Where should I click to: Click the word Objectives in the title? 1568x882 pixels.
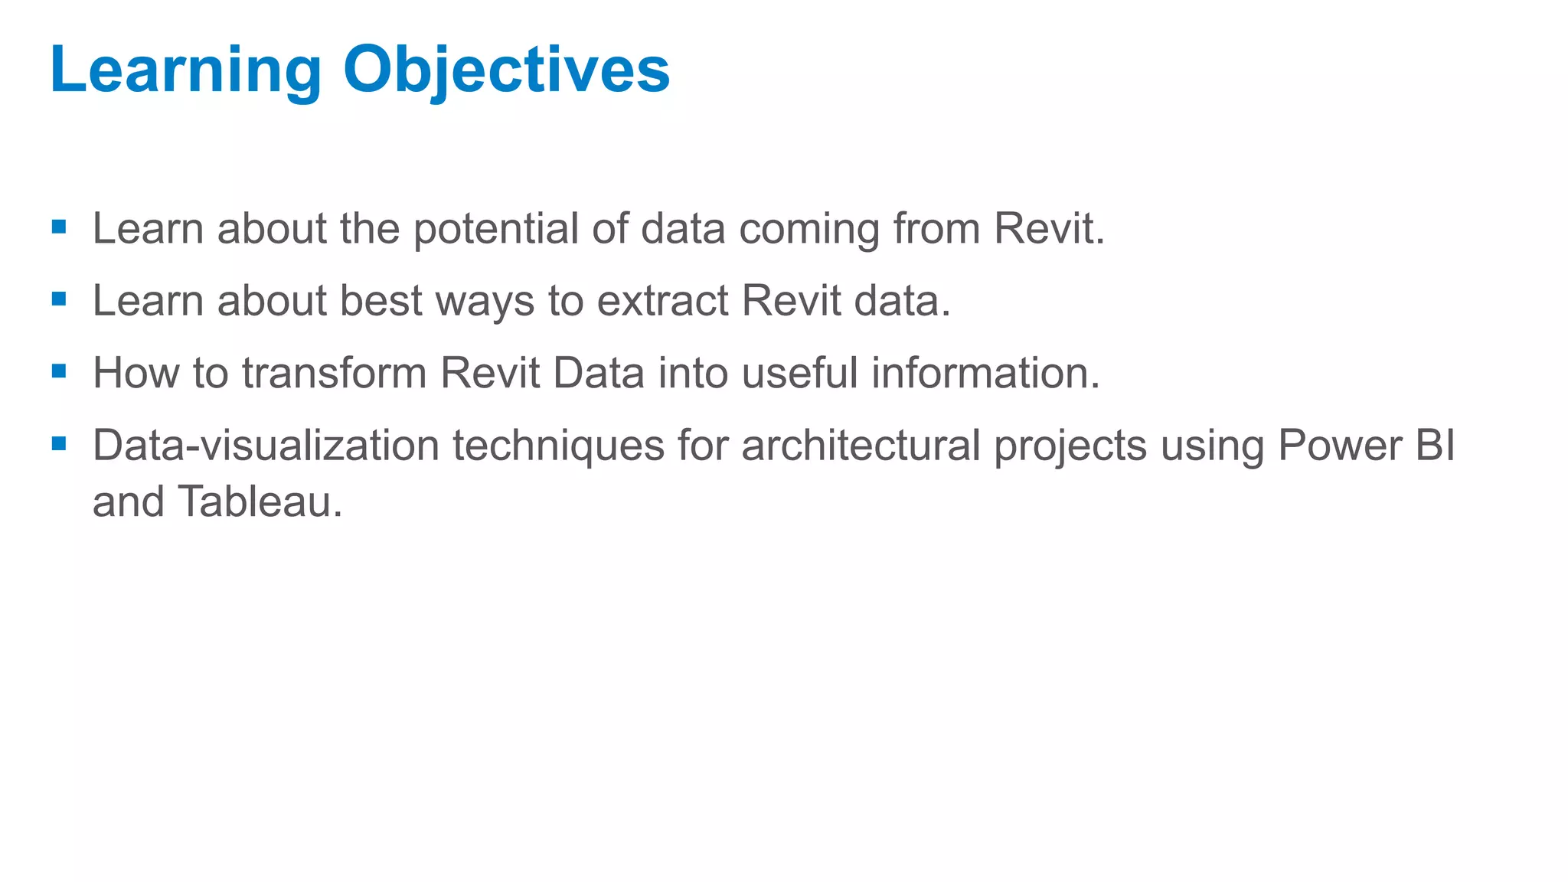click(506, 70)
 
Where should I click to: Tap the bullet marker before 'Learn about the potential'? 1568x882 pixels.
click(59, 227)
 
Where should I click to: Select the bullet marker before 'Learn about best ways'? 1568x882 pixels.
click(59, 299)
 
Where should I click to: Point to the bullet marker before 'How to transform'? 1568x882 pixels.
click(59, 371)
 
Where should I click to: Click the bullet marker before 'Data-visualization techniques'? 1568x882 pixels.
click(59, 443)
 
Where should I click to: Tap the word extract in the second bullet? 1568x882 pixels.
click(662, 301)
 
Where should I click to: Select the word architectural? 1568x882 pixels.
click(861, 446)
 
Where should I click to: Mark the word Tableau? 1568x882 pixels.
click(260, 502)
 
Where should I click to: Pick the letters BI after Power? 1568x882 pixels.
click(1435, 446)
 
